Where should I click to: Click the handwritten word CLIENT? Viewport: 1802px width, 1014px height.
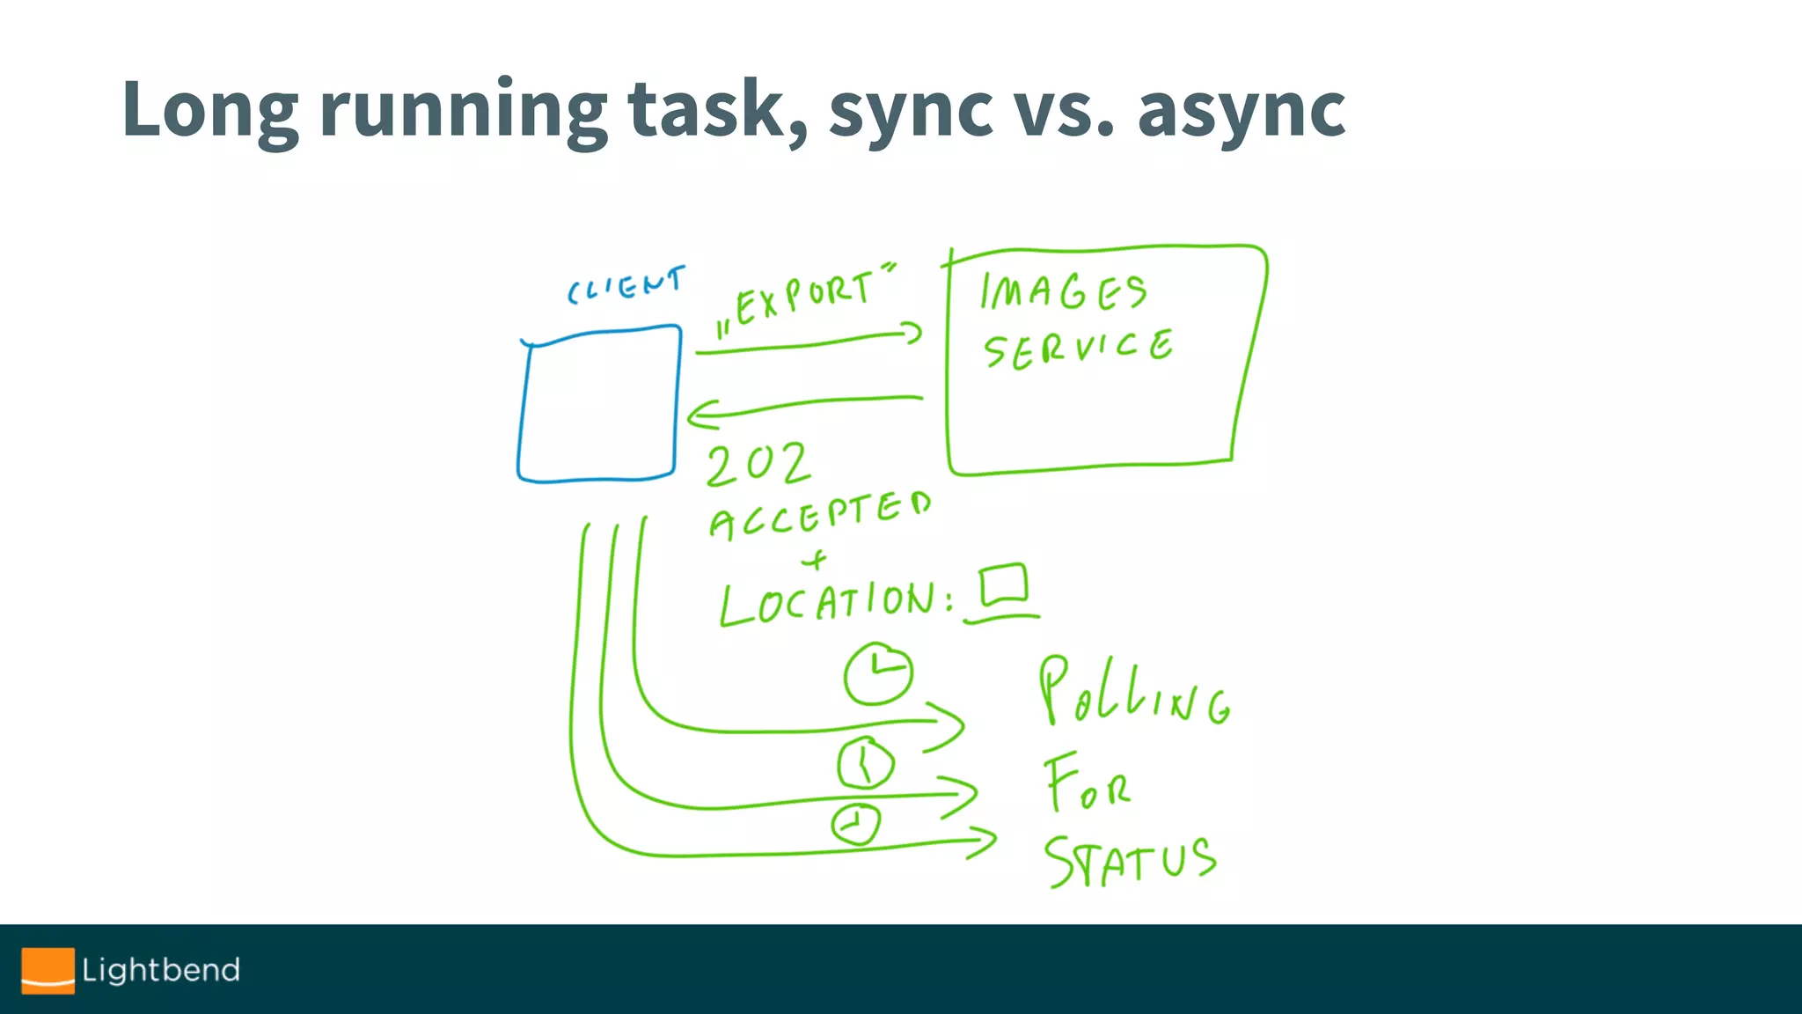(626, 285)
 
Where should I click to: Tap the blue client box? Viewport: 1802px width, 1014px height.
(599, 405)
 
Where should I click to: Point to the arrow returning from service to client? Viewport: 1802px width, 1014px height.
(804, 406)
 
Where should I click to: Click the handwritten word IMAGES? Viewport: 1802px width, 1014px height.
(1064, 291)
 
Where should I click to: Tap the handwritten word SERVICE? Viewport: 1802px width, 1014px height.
(1078, 349)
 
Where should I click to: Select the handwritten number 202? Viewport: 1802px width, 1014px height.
(757, 464)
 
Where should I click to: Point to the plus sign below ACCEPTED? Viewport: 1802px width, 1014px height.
(816, 559)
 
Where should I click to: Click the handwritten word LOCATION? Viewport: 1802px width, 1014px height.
(836, 603)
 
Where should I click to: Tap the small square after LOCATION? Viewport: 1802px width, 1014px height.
(1004, 584)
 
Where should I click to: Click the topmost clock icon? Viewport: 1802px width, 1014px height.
(877, 674)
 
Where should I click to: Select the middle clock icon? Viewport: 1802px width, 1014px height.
(866, 763)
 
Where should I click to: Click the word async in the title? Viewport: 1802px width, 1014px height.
(1242, 109)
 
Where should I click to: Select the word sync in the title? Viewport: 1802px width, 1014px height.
(910, 109)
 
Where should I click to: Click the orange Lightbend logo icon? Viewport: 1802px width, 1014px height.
(48, 970)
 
